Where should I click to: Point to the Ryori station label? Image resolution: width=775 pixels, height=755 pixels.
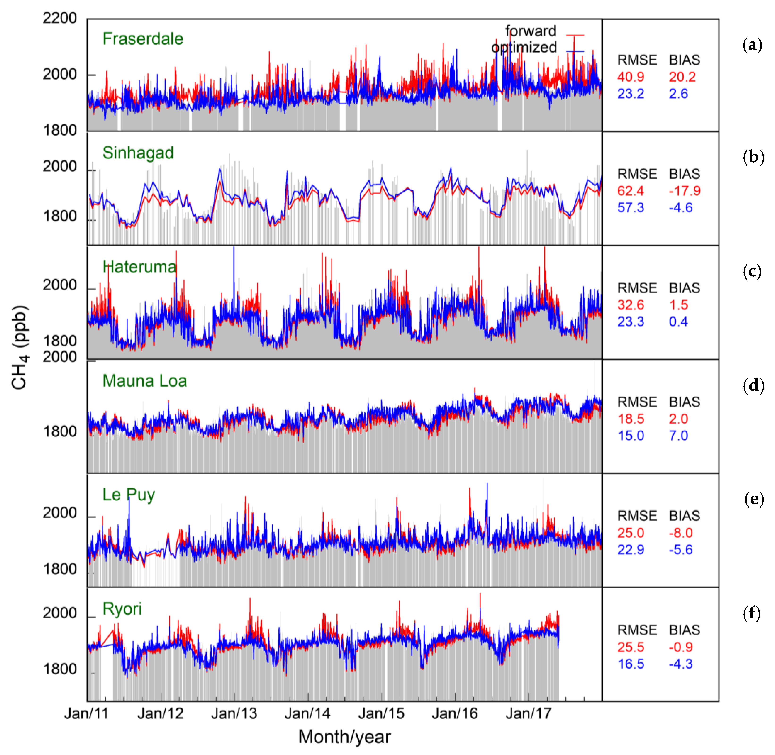122,609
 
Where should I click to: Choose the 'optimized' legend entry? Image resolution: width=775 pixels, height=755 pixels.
524,47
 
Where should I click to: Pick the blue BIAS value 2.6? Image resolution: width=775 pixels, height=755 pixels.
678,94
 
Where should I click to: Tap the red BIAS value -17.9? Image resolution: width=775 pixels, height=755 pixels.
684,191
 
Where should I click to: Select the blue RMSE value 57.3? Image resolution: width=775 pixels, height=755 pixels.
630,207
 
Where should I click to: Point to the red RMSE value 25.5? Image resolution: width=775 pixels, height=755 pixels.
630,647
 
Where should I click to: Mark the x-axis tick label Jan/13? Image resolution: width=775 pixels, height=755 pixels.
234,714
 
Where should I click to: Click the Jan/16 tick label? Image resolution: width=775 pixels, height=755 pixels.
455,714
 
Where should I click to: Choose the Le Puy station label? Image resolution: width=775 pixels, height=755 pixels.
129,495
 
